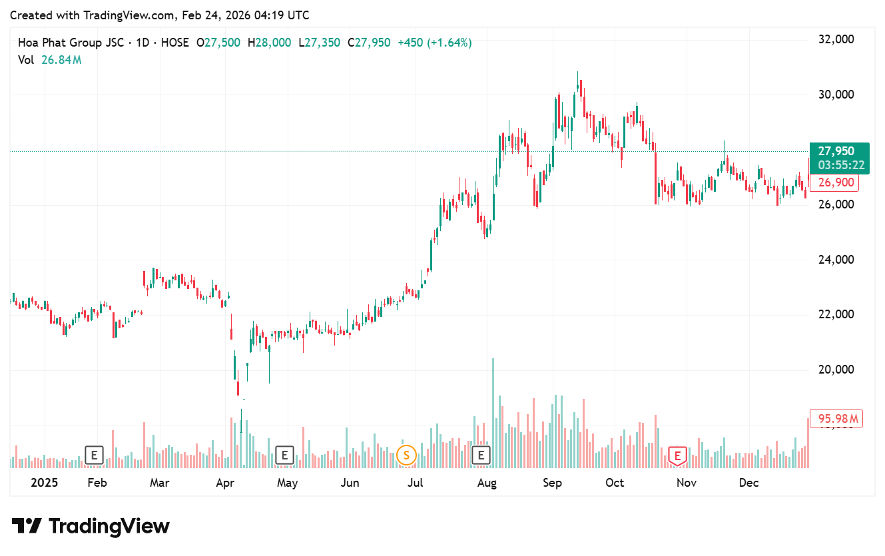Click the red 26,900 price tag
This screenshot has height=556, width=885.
[x=834, y=182]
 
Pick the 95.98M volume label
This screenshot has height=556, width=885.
[x=836, y=419]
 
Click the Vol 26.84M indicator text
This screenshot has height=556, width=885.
[x=50, y=60]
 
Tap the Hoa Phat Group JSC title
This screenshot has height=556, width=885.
[x=70, y=43]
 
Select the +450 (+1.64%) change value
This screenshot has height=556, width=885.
[x=434, y=43]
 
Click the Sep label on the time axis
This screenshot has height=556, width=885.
[x=552, y=483]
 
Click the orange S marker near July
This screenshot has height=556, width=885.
[x=406, y=456]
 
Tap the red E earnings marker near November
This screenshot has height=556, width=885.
[x=677, y=456]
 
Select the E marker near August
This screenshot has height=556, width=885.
[x=480, y=456]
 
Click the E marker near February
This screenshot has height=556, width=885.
[x=94, y=456]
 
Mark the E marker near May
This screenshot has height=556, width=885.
[x=284, y=456]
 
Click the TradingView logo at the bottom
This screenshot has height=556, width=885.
[x=91, y=526]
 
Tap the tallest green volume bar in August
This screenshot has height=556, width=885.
[x=493, y=413]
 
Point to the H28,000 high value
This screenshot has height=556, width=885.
[x=270, y=43]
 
